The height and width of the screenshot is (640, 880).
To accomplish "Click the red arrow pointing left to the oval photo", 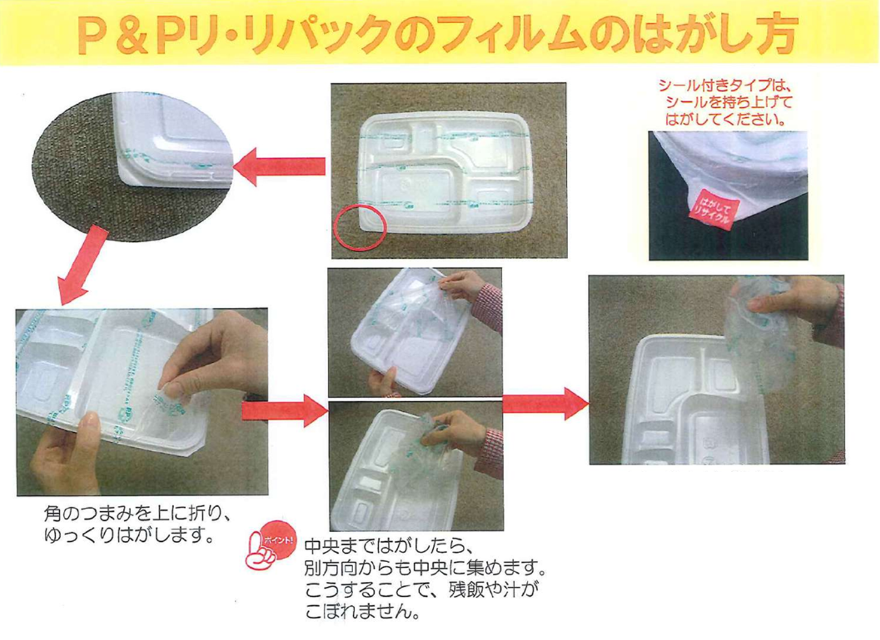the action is tap(280, 166).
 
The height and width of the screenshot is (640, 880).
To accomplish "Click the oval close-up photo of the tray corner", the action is tap(132, 166).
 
